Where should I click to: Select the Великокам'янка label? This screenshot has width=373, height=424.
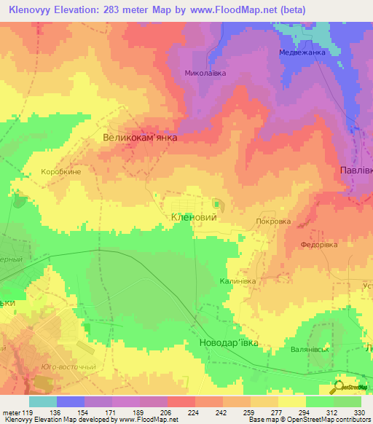point(140,136)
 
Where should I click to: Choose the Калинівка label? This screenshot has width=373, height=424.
point(238,280)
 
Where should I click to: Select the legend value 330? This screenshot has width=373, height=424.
point(360,412)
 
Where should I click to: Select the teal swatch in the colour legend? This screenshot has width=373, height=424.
point(43,401)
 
